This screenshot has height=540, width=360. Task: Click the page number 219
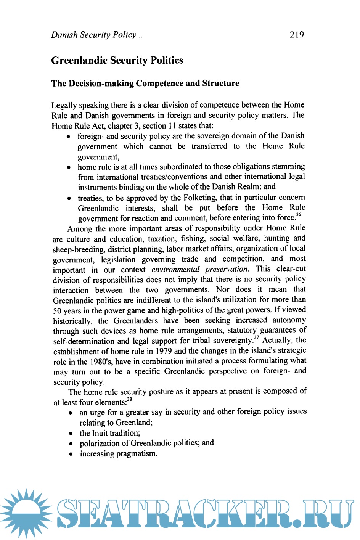[297, 35]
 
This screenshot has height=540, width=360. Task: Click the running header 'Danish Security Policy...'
[97, 35]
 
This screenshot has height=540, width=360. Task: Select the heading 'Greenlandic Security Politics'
[117, 60]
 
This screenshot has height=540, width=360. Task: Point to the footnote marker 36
[299, 214]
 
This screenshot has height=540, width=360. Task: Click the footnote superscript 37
[256, 337]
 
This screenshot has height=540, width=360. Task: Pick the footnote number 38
[130, 399]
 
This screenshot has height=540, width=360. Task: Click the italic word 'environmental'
[175, 269]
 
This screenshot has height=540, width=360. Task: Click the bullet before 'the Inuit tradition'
[71, 434]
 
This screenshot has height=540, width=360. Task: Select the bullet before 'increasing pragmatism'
[71, 454]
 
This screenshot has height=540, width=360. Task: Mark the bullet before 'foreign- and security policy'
[68, 137]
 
